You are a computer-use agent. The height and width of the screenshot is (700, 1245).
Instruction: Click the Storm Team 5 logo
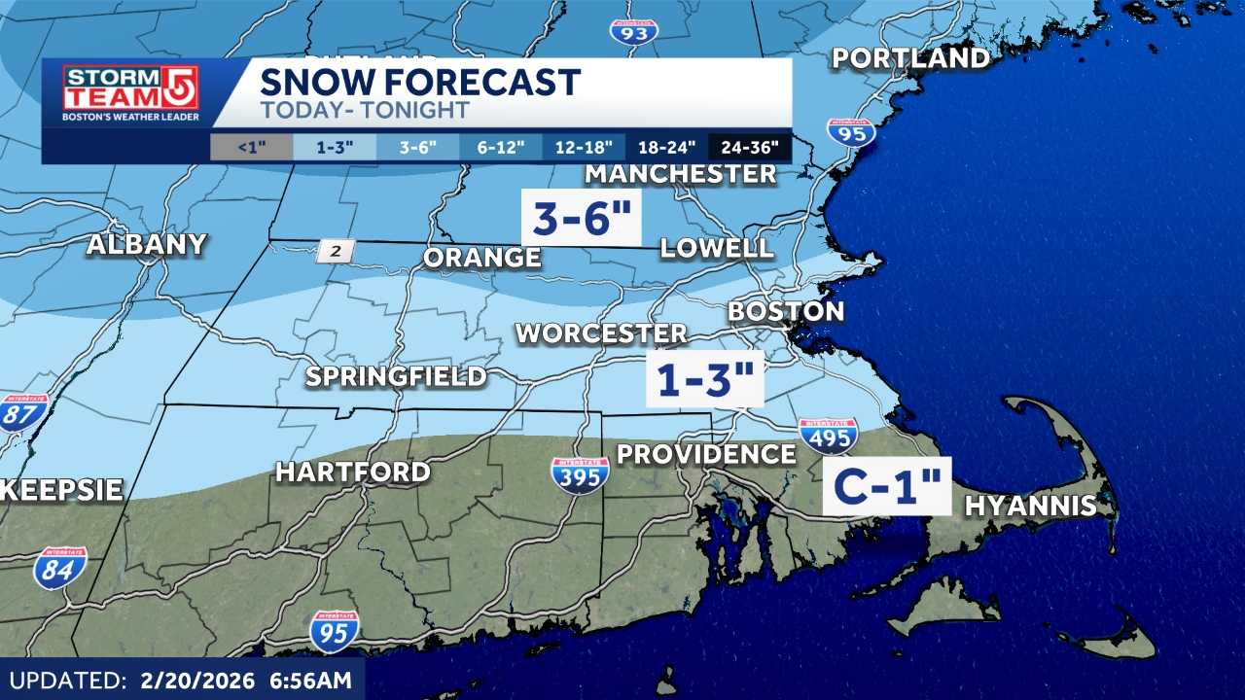pyautogui.click(x=130, y=93)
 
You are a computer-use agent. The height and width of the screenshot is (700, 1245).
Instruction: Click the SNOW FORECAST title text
pyautogui.click(x=420, y=82)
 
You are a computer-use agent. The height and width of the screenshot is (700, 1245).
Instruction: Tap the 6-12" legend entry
pyautogui.click(x=501, y=148)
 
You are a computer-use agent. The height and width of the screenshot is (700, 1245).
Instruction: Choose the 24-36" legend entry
pyautogui.click(x=750, y=148)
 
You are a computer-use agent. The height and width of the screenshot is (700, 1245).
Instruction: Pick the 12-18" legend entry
pyautogui.click(x=584, y=148)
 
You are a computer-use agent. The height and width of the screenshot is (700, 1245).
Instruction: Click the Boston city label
pyautogui.click(x=786, y=311)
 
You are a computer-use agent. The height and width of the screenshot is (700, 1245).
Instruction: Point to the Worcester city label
pyautogui.click(x=601, y=333)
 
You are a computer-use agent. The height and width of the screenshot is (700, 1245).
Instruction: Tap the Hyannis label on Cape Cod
pyautogui.click(x=1030, y=506)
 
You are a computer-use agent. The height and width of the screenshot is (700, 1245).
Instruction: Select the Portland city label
pyautogui.click(x=910, y=58)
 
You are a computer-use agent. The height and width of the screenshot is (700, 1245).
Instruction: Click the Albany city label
pyautogui.click(x=147, y=244)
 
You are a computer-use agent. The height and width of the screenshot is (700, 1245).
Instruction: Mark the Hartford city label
pyautogui.click(x=352, y=472)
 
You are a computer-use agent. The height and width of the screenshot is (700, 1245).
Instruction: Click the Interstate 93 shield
pyautogui.click(x=634, y=30)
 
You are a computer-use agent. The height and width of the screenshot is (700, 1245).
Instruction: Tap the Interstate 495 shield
pyautogui.click(x=828, y=437)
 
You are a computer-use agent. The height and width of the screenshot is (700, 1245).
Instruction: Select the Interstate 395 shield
pyautogui.click(x=580, y=475)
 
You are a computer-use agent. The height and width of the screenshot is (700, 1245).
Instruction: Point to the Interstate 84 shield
pyautogui.click(x=60, y=568)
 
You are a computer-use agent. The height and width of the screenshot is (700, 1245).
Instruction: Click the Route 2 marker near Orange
pyautogui.click(x=337, y=252)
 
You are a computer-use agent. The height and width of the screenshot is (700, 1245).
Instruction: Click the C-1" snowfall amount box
pyautogui.click(x=886, y=486)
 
